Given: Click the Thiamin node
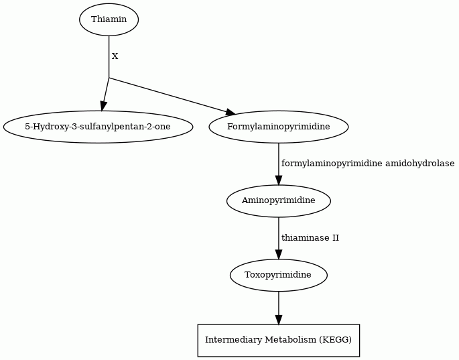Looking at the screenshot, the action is coord(109,19).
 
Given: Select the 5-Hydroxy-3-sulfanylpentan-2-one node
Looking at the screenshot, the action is coord(98,127).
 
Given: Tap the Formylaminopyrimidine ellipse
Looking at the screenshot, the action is coord(278,127).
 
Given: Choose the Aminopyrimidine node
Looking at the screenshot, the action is coord(278,200).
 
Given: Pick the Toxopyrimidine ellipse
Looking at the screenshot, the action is coord(278,275).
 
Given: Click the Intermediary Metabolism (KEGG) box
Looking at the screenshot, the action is coord(278,341).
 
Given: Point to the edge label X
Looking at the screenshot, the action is coord(115,56).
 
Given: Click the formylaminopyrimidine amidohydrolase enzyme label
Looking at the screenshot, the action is coord(368,164).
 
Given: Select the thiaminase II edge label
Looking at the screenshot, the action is coord(310,237).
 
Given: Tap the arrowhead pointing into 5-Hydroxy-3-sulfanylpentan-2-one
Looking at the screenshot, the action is coord(103,106).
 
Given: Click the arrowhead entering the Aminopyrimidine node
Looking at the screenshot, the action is coord(278,180).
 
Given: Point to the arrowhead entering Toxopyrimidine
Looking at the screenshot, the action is coord(278,254).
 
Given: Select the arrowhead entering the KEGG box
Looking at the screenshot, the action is coord(278,320).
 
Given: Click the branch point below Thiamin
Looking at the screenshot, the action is coord(109,78).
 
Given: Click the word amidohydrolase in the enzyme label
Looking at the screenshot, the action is coord(419,164).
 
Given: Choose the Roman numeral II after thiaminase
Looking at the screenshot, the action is coord(336,237).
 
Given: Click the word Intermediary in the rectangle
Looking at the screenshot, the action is coord(233,340).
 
